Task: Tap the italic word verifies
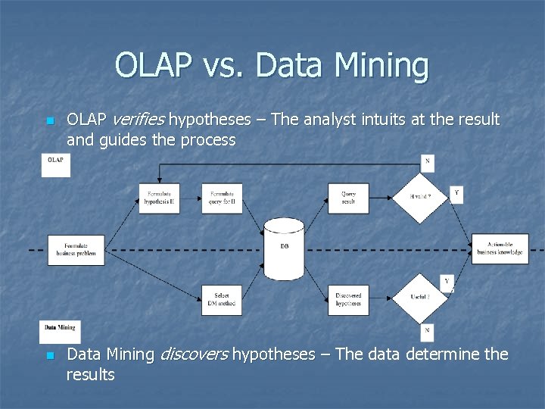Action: click(140, 120)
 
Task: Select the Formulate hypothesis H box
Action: click(160, 198)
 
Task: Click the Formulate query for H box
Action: click(222, 198)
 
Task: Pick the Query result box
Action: click(348, 198)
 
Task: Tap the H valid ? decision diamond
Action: click(419, 198)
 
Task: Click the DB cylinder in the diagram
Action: click(284, 249)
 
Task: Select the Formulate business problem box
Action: click(76, 249)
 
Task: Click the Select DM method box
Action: click(222, 300)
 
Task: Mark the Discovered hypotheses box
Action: click(348, 300)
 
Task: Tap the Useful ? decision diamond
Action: click(419, 298)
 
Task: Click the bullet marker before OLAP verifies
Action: click(50, 121)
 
